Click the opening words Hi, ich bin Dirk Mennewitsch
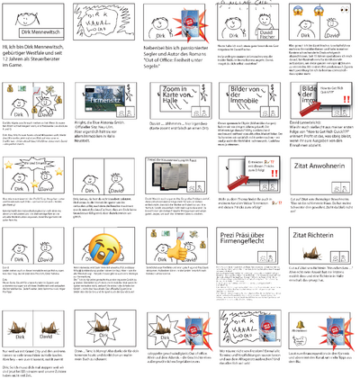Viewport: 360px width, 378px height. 36,69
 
